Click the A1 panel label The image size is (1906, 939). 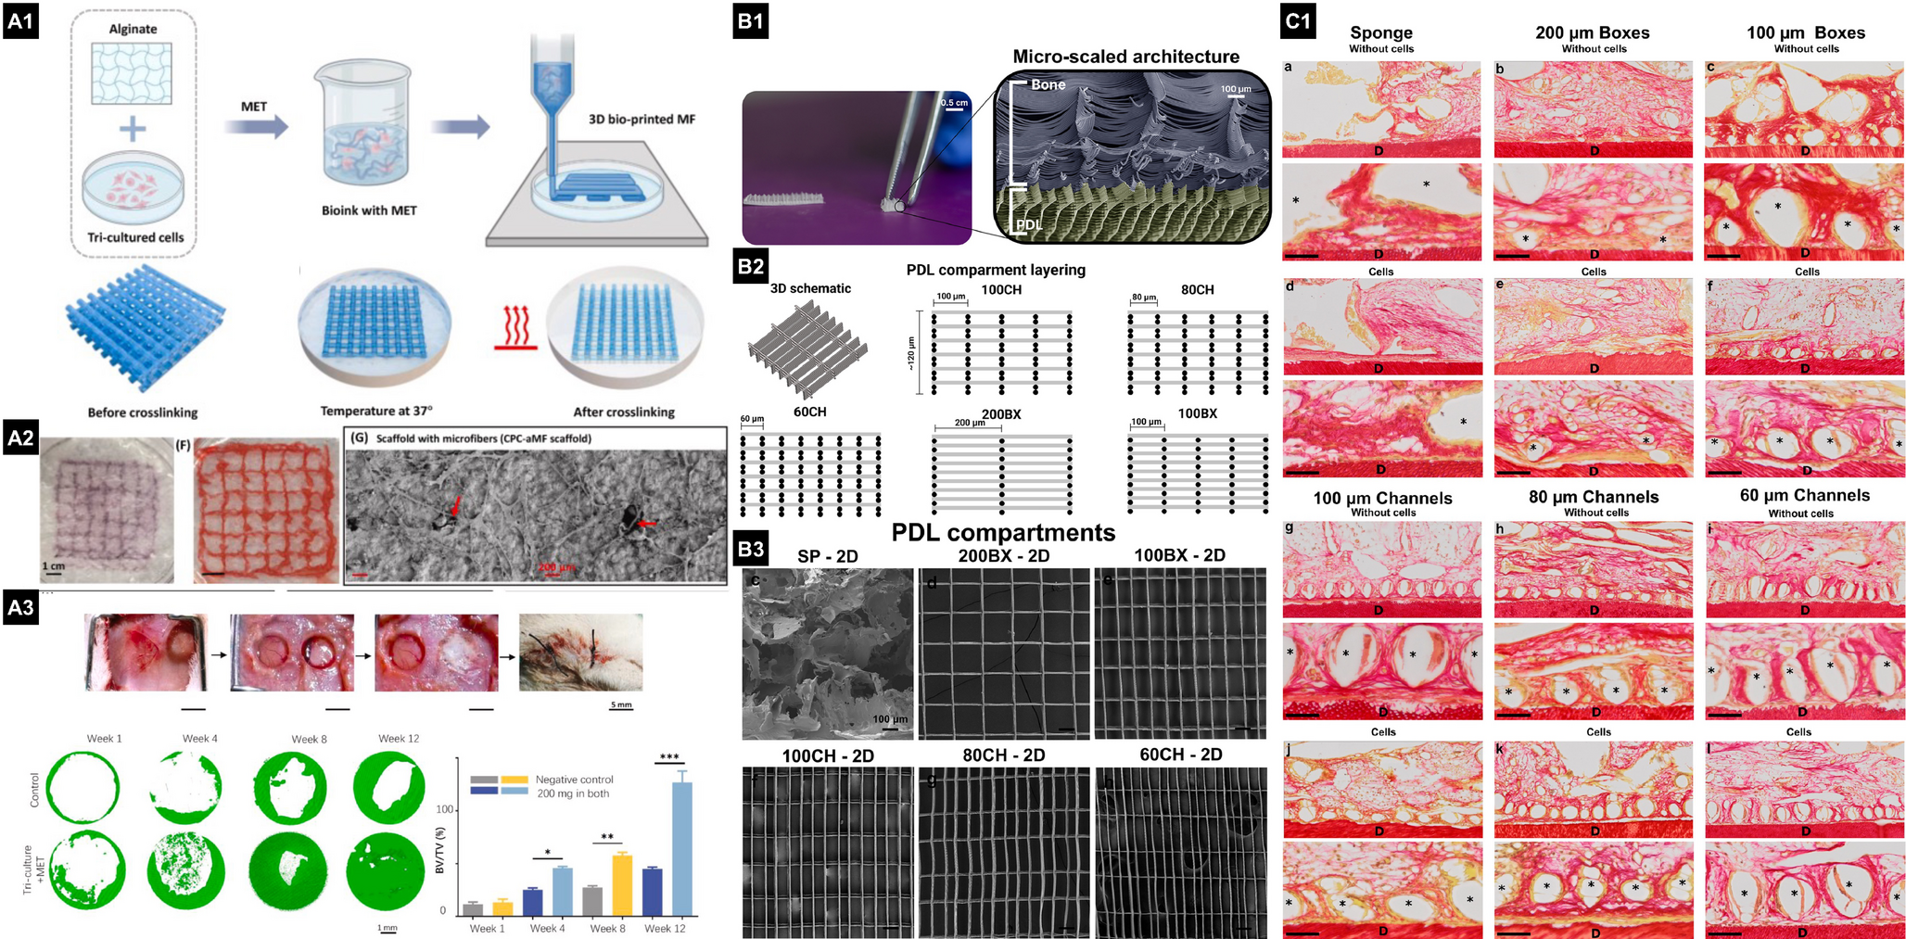click(20, 21)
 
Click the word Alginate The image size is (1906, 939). click(133, 29)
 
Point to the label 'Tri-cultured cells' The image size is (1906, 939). click(135, 237)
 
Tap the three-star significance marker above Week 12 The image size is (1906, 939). click(669, 757)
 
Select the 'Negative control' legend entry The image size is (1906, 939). click(574, 780)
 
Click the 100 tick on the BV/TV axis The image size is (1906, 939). click(445, 810)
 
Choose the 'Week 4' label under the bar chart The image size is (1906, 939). click(547, 928)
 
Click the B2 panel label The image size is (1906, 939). click(750, 266)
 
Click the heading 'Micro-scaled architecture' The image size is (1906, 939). click(1125, 57)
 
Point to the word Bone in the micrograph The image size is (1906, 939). click(1048, 85)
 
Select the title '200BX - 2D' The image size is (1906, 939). click(1003, 555)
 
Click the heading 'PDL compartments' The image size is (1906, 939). click(1003, 532)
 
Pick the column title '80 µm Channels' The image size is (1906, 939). click(1594, 497)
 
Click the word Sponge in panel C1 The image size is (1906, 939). click(1381, 33)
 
